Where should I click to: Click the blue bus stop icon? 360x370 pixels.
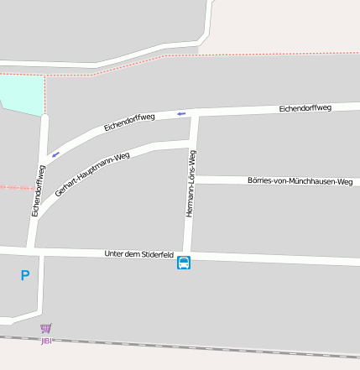coord(184,263)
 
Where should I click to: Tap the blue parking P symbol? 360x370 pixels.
coord(24,275)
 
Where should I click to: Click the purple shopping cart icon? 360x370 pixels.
coord(46,329)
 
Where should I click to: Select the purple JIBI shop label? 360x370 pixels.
coord(46,341)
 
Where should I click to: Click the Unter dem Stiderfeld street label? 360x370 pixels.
coord(138,253)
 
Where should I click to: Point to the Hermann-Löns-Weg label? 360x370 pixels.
coord(190,184)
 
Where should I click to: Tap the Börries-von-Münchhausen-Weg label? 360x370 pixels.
coord(300,181)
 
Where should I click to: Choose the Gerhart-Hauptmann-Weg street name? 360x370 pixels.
coord(92,175)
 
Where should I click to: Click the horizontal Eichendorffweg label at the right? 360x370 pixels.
coord(305,108)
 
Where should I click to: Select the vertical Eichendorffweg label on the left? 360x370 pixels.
coord(39,191)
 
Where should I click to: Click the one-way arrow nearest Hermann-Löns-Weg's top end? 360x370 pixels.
coord(181,113)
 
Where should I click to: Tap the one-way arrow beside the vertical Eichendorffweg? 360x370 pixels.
coord(55,154)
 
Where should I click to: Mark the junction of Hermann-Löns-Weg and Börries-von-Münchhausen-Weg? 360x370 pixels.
coord(191,180)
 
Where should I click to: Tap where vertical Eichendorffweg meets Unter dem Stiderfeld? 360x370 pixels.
coord(34,250)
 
